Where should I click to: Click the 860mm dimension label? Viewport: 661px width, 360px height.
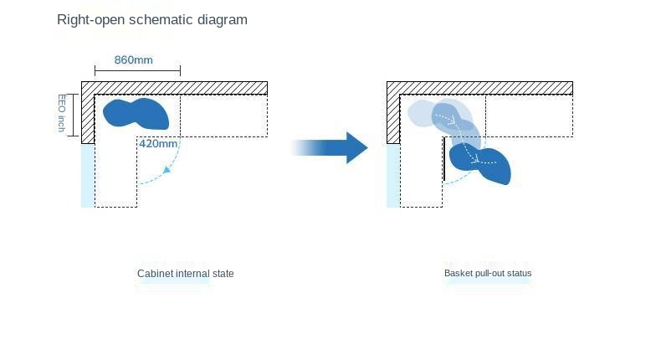coord(133,60)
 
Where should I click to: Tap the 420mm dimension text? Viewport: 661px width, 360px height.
coord(158,144)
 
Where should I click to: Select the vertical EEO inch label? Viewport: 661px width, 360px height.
coord(62,113)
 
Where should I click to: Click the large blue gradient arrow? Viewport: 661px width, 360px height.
coord(330,147)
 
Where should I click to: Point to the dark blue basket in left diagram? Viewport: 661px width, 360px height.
coord(136,114)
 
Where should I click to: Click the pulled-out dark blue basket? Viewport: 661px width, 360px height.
coord(480,164)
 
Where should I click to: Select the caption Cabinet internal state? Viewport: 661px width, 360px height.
coord(186,274)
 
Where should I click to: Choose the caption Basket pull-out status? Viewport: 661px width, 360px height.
coord(488,273)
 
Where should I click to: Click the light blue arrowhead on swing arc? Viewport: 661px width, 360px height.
coord(167,170)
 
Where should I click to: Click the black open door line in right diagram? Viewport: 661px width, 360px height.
coord(444,159)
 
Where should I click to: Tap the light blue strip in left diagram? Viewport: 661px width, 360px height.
coord(88,176)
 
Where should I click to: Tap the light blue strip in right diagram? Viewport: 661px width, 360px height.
coord(393,176)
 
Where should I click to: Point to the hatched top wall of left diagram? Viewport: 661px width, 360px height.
coord(175,88)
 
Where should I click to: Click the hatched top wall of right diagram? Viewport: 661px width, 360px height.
coord(479,88)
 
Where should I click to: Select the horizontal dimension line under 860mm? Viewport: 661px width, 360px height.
coord(137,71)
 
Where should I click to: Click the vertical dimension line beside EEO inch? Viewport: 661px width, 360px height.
coord(74,116)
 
